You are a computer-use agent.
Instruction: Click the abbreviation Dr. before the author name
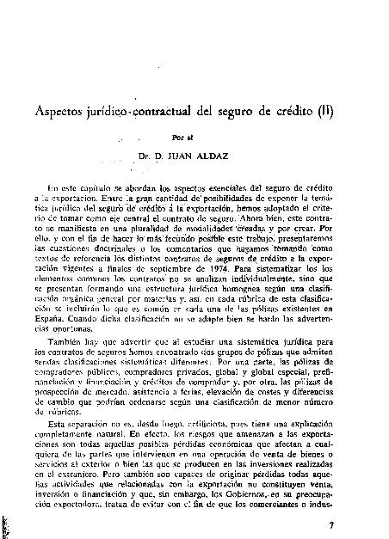166,156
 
